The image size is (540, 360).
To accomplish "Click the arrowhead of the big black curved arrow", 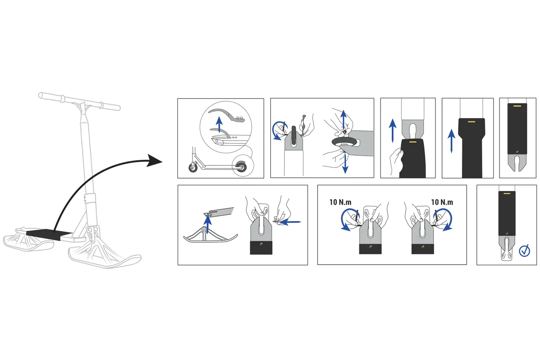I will click(156, 161).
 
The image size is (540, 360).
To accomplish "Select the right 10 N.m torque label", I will click(441, 202).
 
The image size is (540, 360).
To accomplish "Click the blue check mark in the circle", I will click(524, 251).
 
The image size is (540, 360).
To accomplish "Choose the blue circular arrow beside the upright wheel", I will click(278, 130).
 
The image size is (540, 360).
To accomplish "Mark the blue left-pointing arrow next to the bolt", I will click(291, 221).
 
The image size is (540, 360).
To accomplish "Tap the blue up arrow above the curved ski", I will click(207, 222).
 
